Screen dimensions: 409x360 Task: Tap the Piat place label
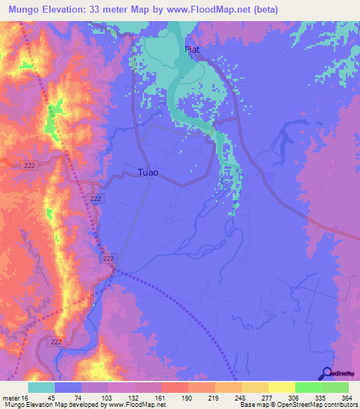[x=193, y=50]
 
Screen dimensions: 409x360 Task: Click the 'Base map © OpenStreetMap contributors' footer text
[x=297, y=404]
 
